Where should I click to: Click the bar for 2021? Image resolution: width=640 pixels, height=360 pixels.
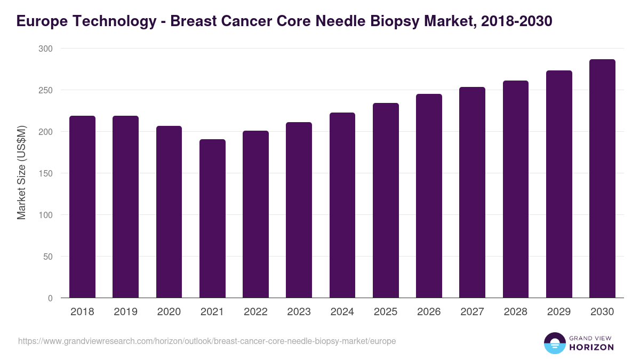[x=212, y=219]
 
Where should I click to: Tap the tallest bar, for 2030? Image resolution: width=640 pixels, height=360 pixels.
[x=602, y=179]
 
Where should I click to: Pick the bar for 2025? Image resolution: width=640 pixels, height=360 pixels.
[x=386, y=201]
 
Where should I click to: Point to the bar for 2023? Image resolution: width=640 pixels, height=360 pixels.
[x=299, y=210]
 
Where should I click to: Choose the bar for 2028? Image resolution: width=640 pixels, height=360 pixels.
[x=516, y=189]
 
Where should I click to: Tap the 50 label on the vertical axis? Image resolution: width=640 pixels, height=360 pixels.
[x=47, y=257]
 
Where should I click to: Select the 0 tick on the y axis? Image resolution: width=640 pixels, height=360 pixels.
[x=50, y=298]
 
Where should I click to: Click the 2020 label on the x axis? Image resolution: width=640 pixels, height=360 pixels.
[x=169, y=312]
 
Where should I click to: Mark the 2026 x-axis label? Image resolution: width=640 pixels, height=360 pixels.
[x=429, y=312]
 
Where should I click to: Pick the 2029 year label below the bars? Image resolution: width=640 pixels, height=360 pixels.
[x=559, y=312]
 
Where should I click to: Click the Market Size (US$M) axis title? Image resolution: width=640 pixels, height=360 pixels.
[x=21, y=173]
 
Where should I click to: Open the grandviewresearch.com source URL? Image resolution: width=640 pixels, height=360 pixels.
[x=207, y=341]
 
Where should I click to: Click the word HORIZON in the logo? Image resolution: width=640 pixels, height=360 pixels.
[x=591, y=347]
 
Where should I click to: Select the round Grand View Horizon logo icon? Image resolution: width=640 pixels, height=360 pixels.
[x=554, y=343]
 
